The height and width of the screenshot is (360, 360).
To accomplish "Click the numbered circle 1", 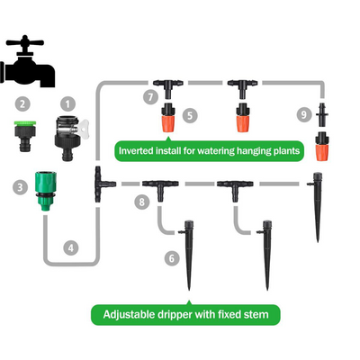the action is point(67,104).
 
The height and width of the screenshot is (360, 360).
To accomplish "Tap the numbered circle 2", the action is point(22,104).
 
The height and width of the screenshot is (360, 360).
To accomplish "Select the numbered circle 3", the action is point(20,187).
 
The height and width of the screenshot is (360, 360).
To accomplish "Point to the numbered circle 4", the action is point(71,248).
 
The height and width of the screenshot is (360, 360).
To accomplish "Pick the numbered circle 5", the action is point(190,115).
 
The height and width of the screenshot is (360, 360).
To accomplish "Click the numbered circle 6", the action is point(172,258).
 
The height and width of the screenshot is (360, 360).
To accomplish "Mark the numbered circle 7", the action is point(150,97).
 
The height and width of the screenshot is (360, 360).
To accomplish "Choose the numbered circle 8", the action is point(142,202).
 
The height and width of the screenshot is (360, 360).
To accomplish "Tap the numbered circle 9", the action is point(304,114).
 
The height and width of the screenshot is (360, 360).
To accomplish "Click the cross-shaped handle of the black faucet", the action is point(25,43).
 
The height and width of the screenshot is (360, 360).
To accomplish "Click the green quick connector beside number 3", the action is point(45,191).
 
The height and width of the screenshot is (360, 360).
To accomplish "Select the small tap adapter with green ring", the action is point(25,136).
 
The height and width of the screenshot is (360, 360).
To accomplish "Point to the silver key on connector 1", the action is point(84,129).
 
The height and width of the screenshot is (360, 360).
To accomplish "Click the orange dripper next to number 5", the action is point(168,118).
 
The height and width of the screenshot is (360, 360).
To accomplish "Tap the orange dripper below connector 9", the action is point(322,146).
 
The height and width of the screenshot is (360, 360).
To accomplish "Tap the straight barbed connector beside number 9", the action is point(322,114).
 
